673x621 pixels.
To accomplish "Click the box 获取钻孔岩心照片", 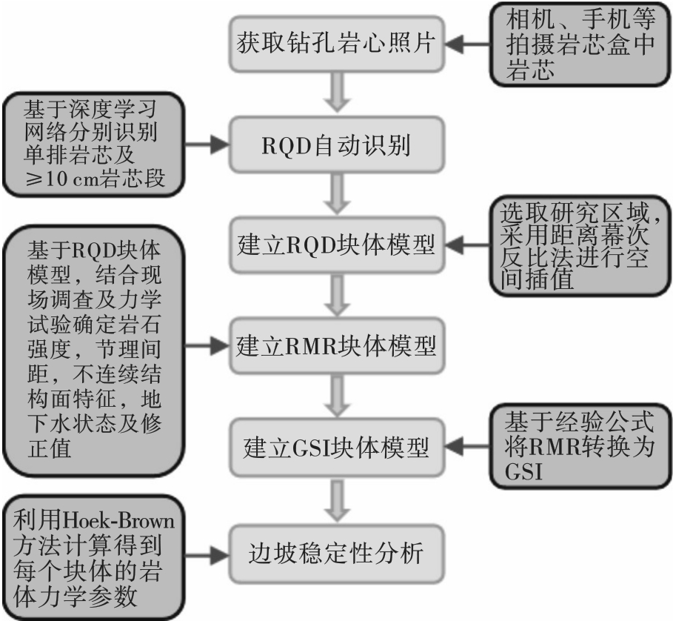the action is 337,44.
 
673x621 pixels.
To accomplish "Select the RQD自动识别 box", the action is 337,145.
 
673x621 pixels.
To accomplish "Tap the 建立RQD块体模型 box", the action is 337,245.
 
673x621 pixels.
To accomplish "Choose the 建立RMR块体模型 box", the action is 337,346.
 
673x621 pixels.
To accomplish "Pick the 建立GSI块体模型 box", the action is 337,447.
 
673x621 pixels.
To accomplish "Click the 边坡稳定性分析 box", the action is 337,554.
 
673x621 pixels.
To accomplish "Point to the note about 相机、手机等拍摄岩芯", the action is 580,44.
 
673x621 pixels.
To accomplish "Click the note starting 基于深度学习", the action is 94,145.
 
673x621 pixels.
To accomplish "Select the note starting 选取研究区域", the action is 580,246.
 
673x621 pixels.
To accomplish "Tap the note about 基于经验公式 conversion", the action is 580,447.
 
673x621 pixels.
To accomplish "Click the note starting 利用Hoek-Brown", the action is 94,558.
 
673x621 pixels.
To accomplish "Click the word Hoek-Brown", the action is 118,521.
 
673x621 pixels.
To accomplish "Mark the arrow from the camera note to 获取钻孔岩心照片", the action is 467,44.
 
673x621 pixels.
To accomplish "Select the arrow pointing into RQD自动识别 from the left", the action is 207,145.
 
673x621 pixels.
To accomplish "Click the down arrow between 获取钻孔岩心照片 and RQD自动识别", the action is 338,93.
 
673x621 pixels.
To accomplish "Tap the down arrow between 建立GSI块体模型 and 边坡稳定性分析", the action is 338,501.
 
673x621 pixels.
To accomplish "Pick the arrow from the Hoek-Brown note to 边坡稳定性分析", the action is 207,555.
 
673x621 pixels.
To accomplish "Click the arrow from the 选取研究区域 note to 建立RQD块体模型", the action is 467,245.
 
